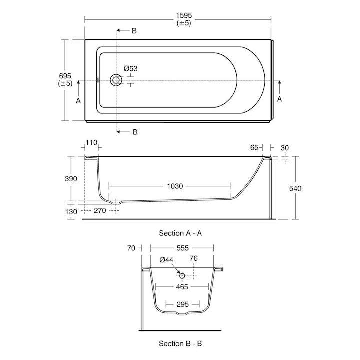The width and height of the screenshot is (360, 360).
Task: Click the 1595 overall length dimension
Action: [184, 15]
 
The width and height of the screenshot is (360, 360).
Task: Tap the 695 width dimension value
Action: [65, 76]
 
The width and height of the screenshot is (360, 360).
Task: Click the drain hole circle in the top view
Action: [117, 80]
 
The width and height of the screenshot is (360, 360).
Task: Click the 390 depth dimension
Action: [72, 179]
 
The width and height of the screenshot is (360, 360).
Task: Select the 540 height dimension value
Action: [295, 188]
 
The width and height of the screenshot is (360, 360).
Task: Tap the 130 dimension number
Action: [71, 211]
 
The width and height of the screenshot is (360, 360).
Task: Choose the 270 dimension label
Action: [100, 211]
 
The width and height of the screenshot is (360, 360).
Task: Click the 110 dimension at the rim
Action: [91, 143]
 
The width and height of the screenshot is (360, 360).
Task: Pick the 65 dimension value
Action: [254, 147]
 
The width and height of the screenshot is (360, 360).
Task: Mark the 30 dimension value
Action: [285, 147]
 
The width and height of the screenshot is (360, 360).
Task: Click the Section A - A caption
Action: [180, 233]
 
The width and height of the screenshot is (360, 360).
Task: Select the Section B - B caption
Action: [180, 343]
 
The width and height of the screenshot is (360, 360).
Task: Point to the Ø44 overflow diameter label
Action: [167, 260]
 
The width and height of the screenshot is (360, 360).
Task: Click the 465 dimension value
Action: [182, 287]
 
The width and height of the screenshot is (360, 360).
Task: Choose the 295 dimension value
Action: [182, 304]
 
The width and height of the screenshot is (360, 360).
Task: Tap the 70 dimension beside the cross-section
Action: [132, 248]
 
